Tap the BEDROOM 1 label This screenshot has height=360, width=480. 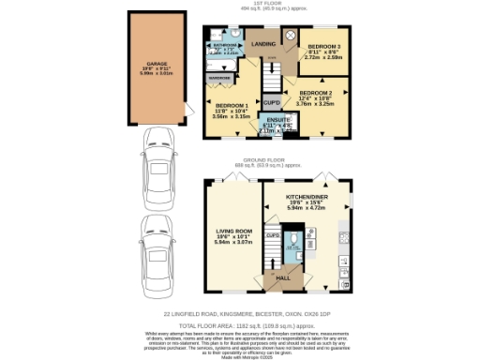[x=230, y=106]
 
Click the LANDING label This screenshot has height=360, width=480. [x=263, y=43]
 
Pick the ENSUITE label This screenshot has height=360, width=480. [x=277, y=122]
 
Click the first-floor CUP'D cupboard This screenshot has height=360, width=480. [x=271, y=101]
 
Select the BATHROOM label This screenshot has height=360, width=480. [x=222, y=44]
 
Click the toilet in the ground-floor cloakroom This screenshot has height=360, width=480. [x=292, y=249]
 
